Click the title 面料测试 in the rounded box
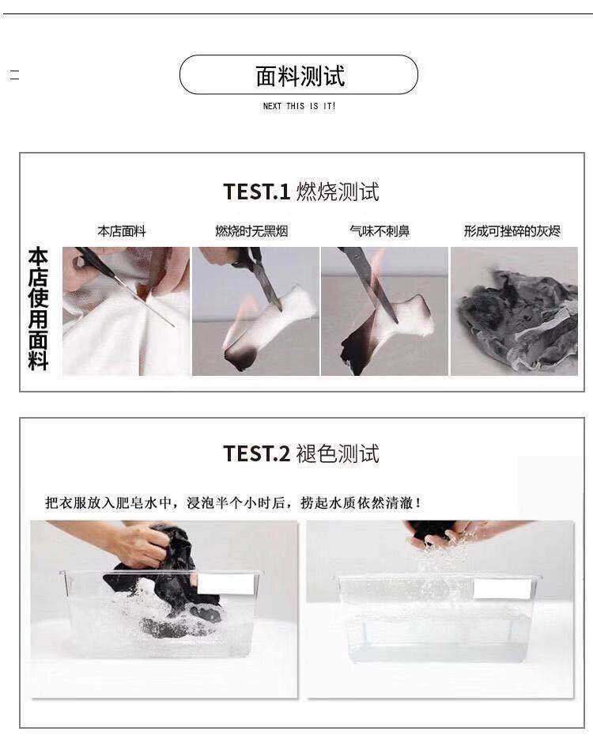click(300, 76)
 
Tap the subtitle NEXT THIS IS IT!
click(300, 106)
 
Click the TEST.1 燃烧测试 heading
click(301, 192)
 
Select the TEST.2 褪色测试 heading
click(301, 453)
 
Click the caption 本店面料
click(122, 231)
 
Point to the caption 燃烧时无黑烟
click(251, 231)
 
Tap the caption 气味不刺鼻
click(380, 231)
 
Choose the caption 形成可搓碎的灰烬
click(512, 231)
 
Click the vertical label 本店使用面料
click(38, 309)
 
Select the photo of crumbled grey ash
click(515, 311)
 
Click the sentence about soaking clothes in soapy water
click(232, 502)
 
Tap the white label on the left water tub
click(225, 584)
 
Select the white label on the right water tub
click(502, 589)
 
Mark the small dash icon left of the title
click(15, 75)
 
